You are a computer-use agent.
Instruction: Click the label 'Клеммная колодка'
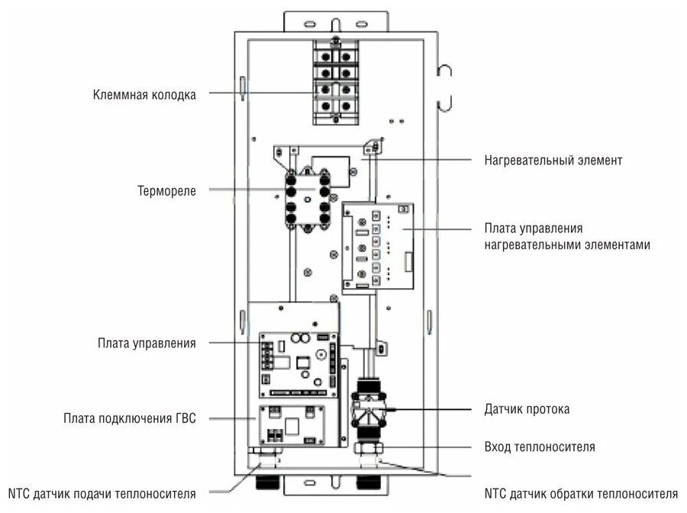pos(144,95)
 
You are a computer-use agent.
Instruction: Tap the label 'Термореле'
pos(166,191)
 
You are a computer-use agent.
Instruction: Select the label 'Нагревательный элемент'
pos(553,161)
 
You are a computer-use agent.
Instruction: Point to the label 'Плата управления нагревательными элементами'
pos(568,236)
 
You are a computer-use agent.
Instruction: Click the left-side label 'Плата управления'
pos(147,343)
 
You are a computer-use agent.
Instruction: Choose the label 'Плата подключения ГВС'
pos(131,418)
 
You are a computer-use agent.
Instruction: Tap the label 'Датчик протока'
pos(527,409)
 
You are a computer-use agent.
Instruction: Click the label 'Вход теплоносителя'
pos(540,447)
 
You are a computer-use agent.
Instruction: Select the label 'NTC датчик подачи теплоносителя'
pos(102,493)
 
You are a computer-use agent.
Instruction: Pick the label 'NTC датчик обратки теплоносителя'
pos(581,493)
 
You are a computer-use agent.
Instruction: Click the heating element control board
pos(377,248)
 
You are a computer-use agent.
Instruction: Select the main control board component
pos(297,363)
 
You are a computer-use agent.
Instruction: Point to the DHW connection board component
pos(291,425)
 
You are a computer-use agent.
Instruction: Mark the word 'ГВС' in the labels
pos(185,418)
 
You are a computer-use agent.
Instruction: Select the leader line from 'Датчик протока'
pos(435,410)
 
